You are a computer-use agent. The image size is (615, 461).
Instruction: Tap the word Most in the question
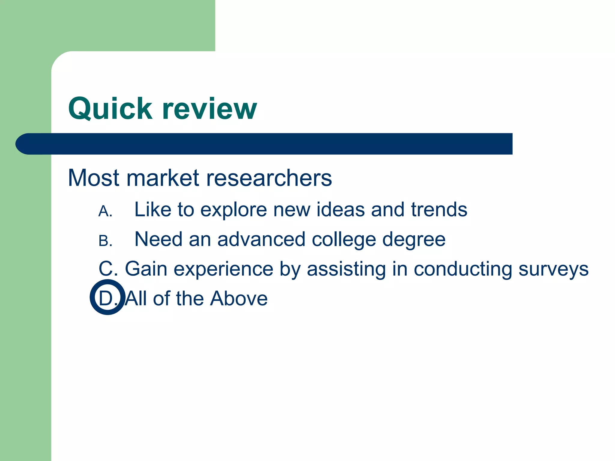(93, 178)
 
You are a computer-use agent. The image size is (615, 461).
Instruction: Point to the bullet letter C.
(107, 269)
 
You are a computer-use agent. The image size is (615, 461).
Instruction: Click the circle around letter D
(108, 297)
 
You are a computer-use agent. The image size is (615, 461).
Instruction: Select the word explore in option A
(233, 209)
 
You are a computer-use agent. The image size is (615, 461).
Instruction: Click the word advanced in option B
(261, 240)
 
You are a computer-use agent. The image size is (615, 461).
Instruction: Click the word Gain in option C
(146, 269)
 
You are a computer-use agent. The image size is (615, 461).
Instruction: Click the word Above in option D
(239, 299)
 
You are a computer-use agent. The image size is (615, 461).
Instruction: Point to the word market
(163, 178)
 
